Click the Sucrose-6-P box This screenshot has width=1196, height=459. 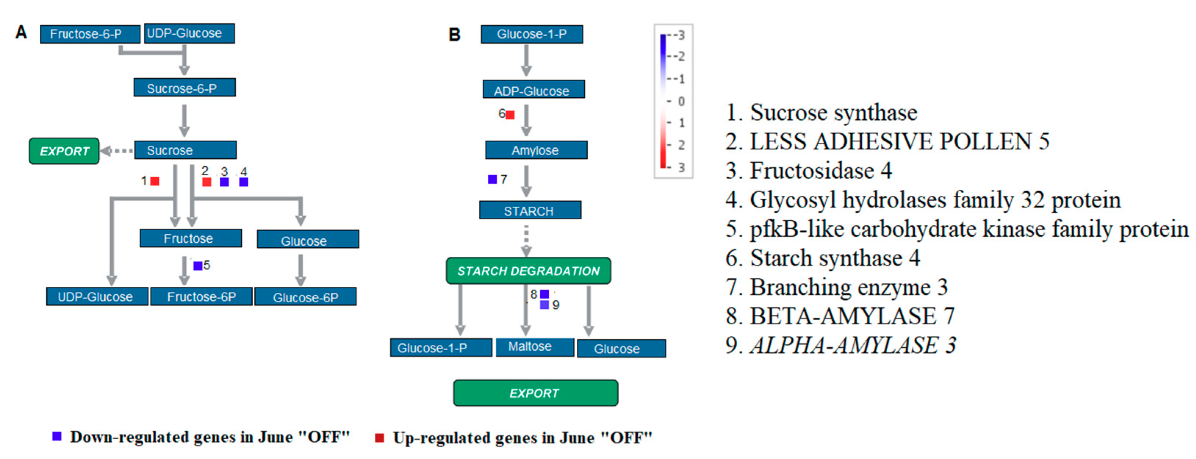tap(184, 88)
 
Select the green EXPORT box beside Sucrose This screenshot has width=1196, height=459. tap(64, 151)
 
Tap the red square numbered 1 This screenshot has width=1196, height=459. tap(155, 181)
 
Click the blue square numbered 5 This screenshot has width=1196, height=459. tap(198, 265)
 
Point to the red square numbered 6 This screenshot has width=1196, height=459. tap(510, 115)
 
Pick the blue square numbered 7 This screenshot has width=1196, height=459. tap(493, 179)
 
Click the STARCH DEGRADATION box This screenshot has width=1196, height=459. tap(528, 271)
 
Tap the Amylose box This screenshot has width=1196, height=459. tap(536, 151)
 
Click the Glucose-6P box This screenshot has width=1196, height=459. tap(306, 297)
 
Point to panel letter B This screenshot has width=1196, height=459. tap(454, 35)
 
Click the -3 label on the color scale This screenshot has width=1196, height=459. tap(680, 35)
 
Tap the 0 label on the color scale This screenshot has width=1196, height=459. tap(681, 101)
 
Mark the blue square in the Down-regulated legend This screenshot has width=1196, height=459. tap(57, 436)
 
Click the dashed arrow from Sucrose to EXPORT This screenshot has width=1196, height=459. tap(118, 151)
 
